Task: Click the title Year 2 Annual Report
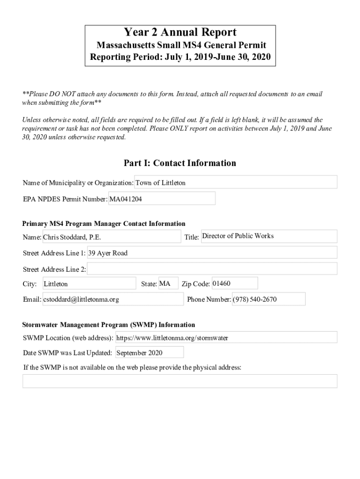(180, 32)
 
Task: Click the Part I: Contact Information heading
(180, 163)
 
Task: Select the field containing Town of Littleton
(236, 182)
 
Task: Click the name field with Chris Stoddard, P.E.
(111, 237)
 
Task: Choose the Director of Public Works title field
(268, 236)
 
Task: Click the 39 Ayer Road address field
(212, 253)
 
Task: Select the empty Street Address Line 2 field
(212, 269)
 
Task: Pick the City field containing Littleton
(89, 283)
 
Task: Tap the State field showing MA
(168, 283)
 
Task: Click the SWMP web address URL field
(226, 337)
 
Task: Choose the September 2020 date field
(149, 352)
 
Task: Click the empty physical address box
(180, 381)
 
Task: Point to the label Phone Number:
(209, 299)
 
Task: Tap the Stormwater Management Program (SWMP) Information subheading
(109, 325)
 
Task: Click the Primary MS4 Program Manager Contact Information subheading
(104, 224)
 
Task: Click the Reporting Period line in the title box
(180, 58)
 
